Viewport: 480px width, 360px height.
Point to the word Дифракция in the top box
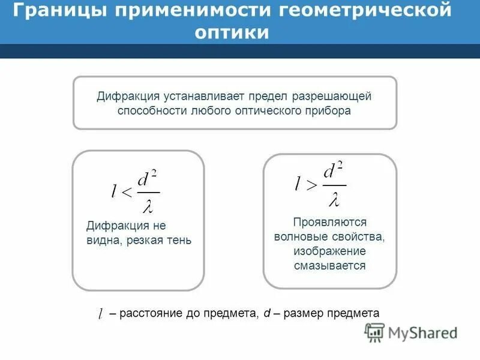click(x=127, y=97)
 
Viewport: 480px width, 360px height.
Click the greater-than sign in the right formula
click(x=312, y=185)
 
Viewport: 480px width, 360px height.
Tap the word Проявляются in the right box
click(x=329, y=222)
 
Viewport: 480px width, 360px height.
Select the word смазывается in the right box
click(x=329, y=265)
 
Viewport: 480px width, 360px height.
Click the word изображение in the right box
click(x=329, y=251)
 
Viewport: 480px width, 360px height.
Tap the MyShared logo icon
click(x=375, y=332)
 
